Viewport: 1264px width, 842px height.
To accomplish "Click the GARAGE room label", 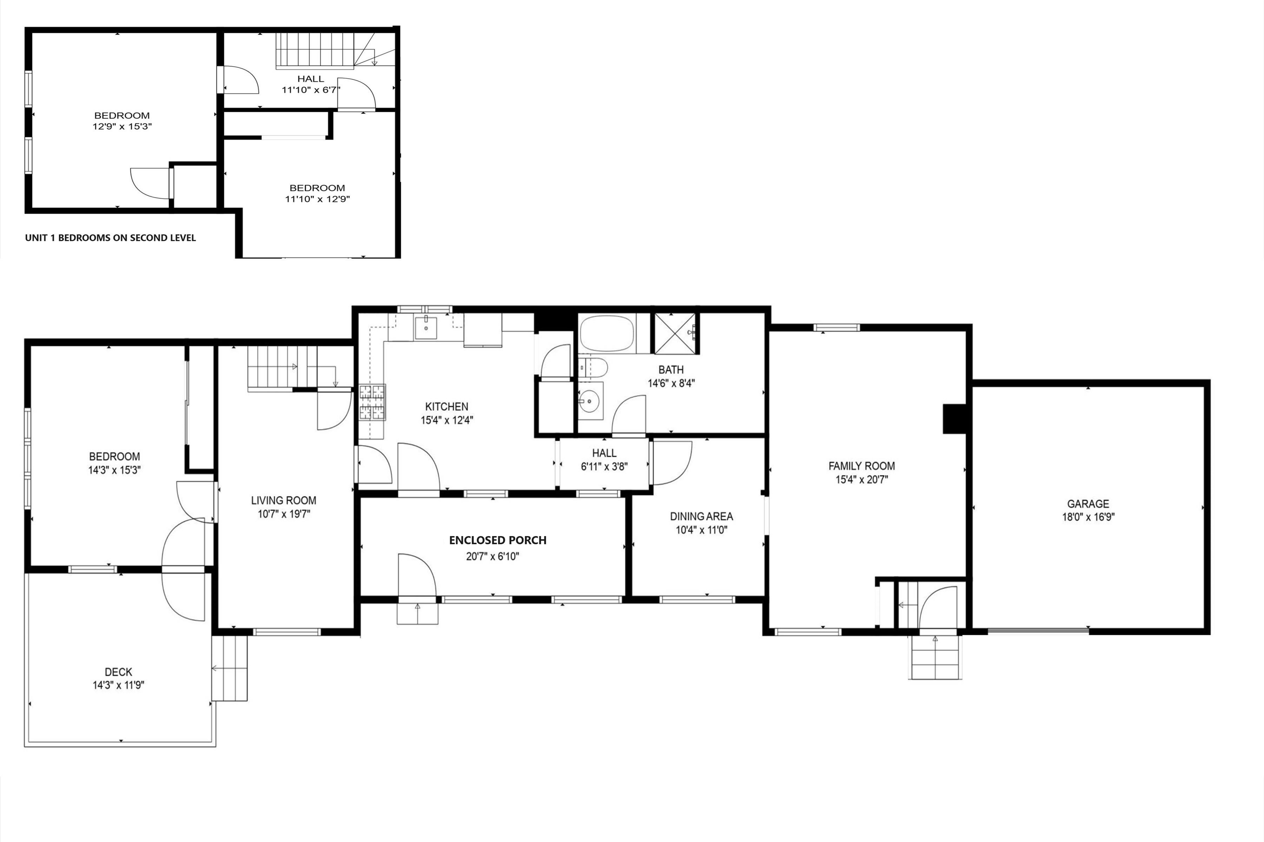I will pos(1088,504).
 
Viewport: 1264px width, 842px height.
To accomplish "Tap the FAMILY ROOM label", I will pos(862,466).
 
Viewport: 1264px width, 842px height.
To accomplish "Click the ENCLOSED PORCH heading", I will pos(497,540).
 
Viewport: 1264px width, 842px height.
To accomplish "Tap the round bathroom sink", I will pos(590,400).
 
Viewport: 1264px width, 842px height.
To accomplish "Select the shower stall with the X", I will pos(674,333).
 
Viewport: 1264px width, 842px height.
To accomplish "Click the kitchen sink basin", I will pos(425,328).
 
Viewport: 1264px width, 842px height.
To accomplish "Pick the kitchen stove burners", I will pos(372,402).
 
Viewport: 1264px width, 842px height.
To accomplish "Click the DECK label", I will pos(118,672).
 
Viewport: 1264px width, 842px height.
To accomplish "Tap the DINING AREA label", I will pos(701,516).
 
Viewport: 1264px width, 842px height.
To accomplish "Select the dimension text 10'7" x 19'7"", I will pos(284,514).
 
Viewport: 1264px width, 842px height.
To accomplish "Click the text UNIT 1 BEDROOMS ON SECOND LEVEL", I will pos(110,238).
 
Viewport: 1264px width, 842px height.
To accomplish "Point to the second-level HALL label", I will pos(311,79).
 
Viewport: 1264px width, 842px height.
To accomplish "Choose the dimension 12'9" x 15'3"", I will pos(122,127).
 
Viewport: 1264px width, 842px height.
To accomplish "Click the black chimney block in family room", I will pos(955,418).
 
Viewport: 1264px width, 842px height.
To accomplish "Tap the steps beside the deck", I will pos(230,668).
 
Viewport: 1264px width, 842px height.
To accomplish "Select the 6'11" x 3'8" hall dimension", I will pos(604,467).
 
